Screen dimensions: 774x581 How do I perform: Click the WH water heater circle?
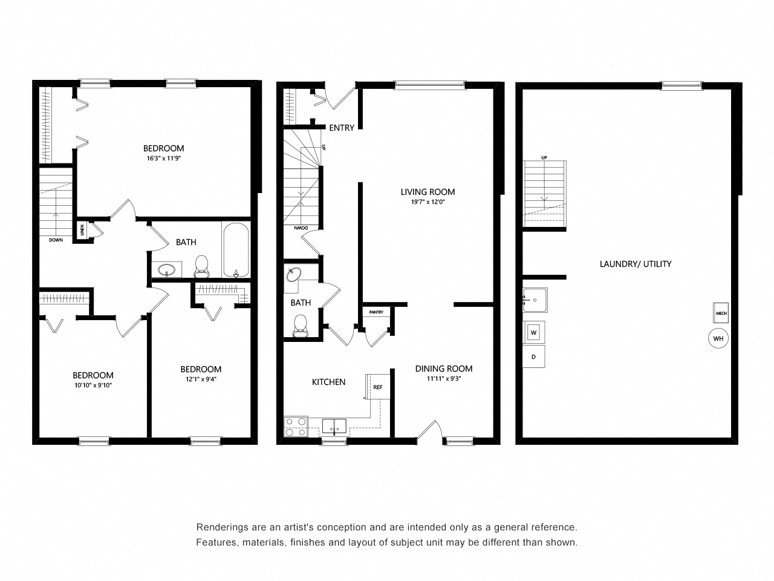tap(718, 338)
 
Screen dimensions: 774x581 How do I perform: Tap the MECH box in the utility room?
tap(721, 313)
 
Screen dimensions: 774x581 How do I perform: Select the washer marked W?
tap(533, 332)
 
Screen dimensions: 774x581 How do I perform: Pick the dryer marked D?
tap(533, 356)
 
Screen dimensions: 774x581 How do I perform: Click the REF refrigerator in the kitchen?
tap(378, 387)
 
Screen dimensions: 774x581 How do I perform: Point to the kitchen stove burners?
tap(296, 427)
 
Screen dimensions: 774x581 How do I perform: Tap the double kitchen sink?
tap(334, 426)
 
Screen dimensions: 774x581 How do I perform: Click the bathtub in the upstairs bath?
tap(236, 250)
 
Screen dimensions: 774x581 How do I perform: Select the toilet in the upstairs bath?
tap(201, 267)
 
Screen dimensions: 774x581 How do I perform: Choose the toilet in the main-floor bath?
tap(300, 326)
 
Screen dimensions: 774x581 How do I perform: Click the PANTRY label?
tap(376, 312)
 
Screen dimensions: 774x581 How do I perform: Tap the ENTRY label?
tap(341, 128)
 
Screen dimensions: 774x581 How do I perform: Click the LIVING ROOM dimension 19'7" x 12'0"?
tap(428, 202)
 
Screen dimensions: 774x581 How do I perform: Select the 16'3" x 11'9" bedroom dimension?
tap(164, 159)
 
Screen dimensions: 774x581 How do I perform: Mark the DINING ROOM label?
tap(444, 369)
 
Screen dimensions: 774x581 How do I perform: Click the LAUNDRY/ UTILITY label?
tap(636, 264)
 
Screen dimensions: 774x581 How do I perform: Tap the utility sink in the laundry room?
tap(535, 300)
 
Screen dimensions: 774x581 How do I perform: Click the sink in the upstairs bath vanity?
tap(166, 270)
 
